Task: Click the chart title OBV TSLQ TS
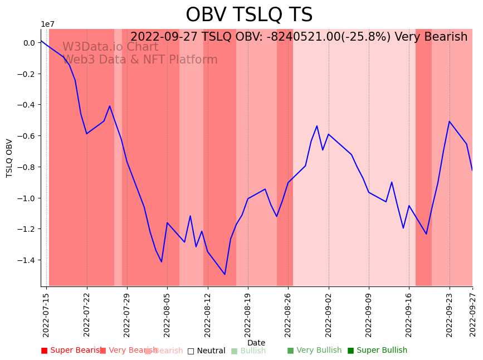click(x=249, y=15)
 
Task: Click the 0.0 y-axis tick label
click(x=29, y=43)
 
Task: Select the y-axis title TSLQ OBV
click(x=9, y=158)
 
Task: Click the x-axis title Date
click(x=256, y=343)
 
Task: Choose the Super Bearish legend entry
click(x=72, y=351)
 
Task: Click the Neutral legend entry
click(x=206, y=351)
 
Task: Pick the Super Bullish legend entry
click(x=378, y=351)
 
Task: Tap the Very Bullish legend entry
click(x=314, y=351)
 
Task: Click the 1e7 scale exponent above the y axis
click(x=47, y=24)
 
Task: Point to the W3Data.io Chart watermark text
click(x=110, y=47)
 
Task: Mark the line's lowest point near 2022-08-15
click(x=225, y=274)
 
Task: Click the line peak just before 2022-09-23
click(x=450, y=121)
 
